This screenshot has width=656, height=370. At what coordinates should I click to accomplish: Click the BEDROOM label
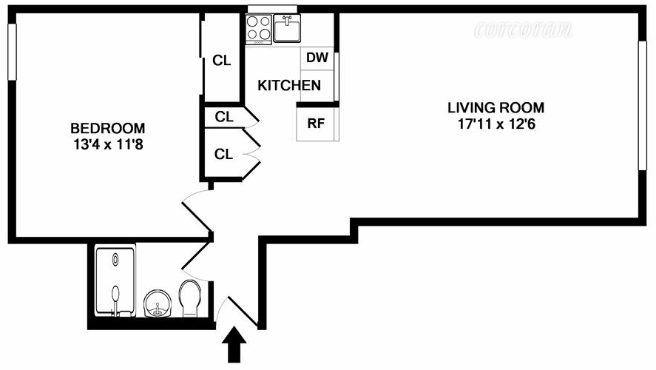coord(108,127)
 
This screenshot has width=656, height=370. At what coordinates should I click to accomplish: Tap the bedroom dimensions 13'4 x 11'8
coord(108,145)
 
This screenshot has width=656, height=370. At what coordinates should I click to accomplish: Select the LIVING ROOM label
coord(496,107)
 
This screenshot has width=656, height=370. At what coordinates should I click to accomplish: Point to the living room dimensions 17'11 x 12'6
coord(496,124)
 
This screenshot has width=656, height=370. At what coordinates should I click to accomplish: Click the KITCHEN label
coord(289,86)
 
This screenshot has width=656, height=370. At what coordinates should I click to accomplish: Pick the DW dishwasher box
coord(317,58)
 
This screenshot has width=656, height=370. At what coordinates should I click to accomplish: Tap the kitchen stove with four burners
coord(258,28)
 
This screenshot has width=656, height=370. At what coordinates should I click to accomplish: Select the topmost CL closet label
coord(222,61)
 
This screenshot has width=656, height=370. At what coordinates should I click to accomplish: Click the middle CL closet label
coord(224,117)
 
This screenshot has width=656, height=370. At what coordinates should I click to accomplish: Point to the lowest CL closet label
coord(223,154)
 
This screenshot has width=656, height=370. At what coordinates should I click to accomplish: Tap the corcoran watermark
coord(524,30)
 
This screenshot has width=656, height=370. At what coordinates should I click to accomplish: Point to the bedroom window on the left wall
coord(11,52)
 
